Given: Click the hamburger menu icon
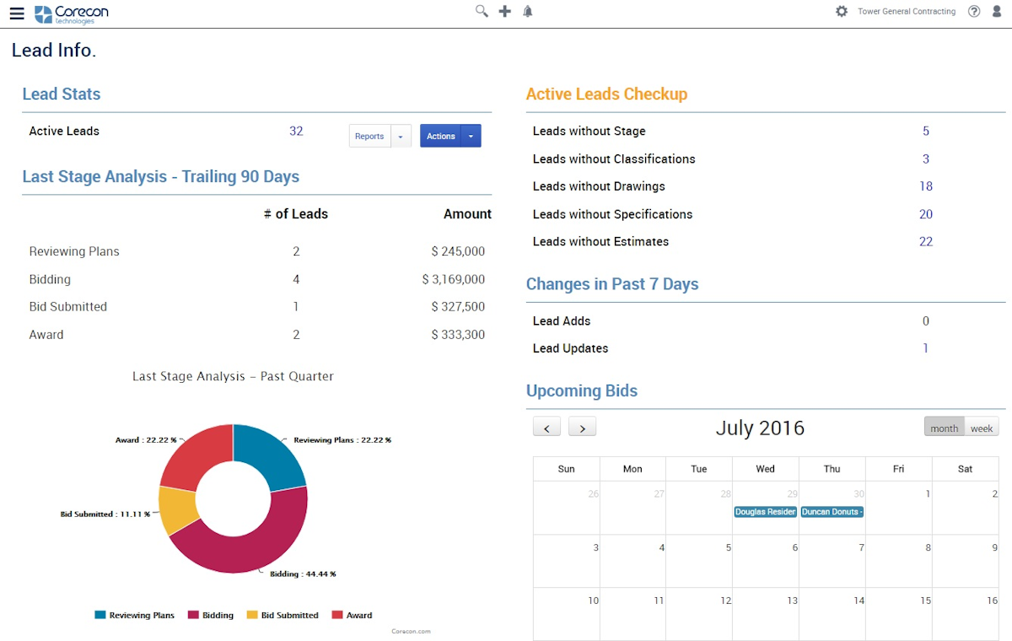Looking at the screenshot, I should pyautogui.click(x=17, y=13).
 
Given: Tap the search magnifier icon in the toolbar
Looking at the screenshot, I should pyautogui.click(x=482, y=11).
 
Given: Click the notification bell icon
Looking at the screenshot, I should pyautogui.click(x=528, y=11).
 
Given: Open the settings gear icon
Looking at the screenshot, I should pyautogui.click(x=841, y=11).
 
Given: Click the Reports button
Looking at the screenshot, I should pyautogui.click(x=369, y=136).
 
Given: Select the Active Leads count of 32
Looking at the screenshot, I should pyautogui.click(x=296, y=131).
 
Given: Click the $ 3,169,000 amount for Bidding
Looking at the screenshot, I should pyautogui.click(x=454, y=279).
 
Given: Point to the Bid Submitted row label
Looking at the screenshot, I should pyautogui.click(x=68, y=307).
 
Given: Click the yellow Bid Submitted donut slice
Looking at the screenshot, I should pyautogui.click(x=178, y=509).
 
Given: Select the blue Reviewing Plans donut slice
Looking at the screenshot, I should pyautogui.click(x=270, y=455).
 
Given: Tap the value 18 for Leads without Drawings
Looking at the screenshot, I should pyautogui.click(x=926, y=186).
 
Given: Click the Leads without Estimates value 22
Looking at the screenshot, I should pyautogui.click(x=926, y=241).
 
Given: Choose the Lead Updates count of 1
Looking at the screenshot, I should pyautogui.click(x=925, y=348).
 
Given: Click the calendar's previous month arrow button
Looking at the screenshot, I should pyautogui.click(x=546, y=428).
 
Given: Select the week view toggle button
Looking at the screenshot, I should pyautogui.click(x=982, y=428).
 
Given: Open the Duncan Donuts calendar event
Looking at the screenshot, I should pyautogui.click(x=832, y=512).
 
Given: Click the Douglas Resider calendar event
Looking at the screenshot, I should pyautogui.click(x=765, y=512).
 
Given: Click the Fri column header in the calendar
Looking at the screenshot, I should pyautogui.click(x=898, y=469).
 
